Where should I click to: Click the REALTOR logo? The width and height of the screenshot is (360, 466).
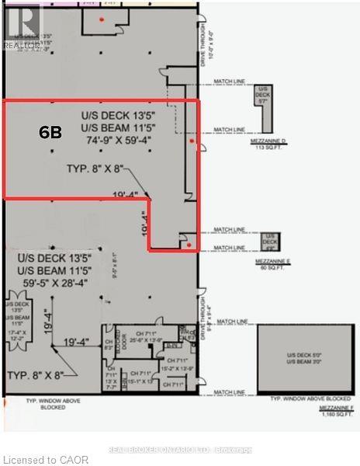click(x=21, y=26)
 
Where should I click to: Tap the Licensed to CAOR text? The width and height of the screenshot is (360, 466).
click(x=45, y=460)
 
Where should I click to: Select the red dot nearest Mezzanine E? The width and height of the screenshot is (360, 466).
click(x=189, y=244)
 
